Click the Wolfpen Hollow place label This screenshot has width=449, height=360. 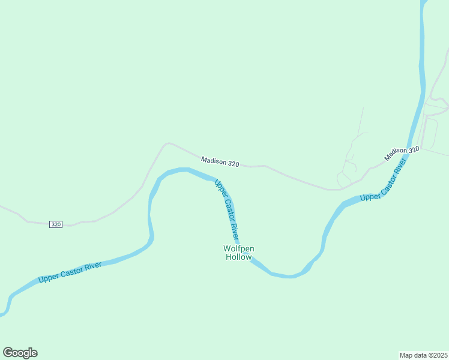pos(238,253)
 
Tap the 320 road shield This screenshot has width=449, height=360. pos(56,224)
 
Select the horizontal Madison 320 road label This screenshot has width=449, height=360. pos(220,162)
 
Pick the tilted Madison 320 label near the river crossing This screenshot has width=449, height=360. pos(402,154)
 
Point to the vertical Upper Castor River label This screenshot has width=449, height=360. pos(227,211)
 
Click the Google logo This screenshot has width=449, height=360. pos(20,353)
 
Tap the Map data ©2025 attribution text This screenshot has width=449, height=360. pos(424,355)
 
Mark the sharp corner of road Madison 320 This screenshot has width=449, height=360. pos(167,143)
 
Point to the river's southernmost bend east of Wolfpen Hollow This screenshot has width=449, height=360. pos(290,276)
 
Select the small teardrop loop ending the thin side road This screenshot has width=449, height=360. pos(342,179)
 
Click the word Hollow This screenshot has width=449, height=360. pos(238,257)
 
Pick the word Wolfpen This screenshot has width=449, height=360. pos(238,248)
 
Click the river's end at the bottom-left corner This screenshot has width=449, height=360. pos(3,313)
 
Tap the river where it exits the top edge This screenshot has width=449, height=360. pos(424,2)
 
